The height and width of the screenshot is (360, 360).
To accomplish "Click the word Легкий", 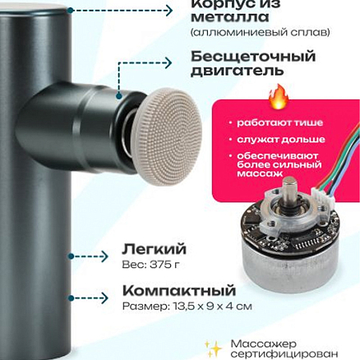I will [x=154, y=247].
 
